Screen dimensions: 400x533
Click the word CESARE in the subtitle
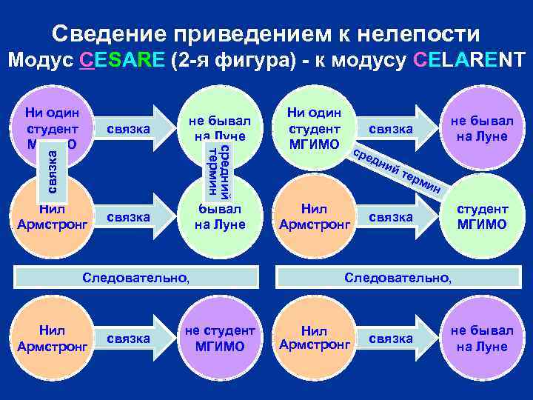[x=121, y=60]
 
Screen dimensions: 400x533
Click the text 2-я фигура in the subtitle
[x=217, y=60]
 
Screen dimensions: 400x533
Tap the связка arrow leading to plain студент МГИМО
[x=392, y=217]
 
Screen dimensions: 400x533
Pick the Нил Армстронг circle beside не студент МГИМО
[x=52, y=339]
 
